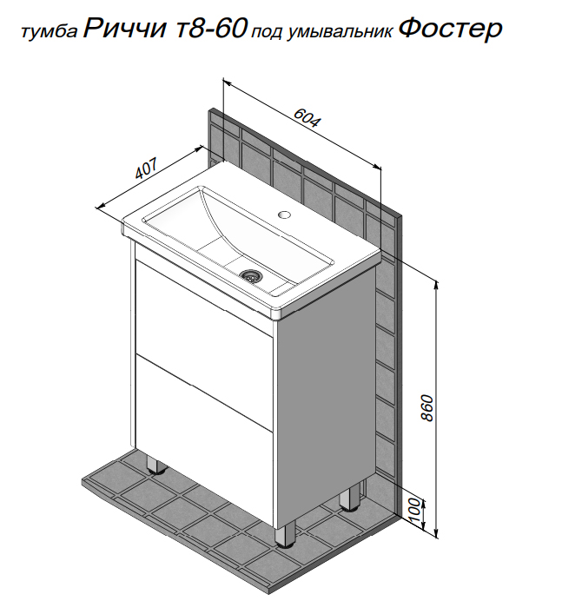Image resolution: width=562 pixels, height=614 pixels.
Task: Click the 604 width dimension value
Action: coord(307,117)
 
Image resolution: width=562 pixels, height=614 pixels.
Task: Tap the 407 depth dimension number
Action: coord(147,168)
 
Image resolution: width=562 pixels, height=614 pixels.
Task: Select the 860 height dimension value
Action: coord(427,408)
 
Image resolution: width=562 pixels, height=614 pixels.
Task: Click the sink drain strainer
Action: coord(248,275)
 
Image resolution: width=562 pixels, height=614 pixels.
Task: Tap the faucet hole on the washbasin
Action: coord(284,215)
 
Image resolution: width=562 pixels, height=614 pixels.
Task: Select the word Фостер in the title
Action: coord(451,30)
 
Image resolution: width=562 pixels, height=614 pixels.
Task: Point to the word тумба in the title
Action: coord(50,32)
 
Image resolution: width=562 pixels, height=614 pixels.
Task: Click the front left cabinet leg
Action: coord(155,463)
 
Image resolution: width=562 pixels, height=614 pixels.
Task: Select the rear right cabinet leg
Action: coord(350,497)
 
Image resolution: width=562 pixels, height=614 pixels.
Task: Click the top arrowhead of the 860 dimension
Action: coord(436,285)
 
